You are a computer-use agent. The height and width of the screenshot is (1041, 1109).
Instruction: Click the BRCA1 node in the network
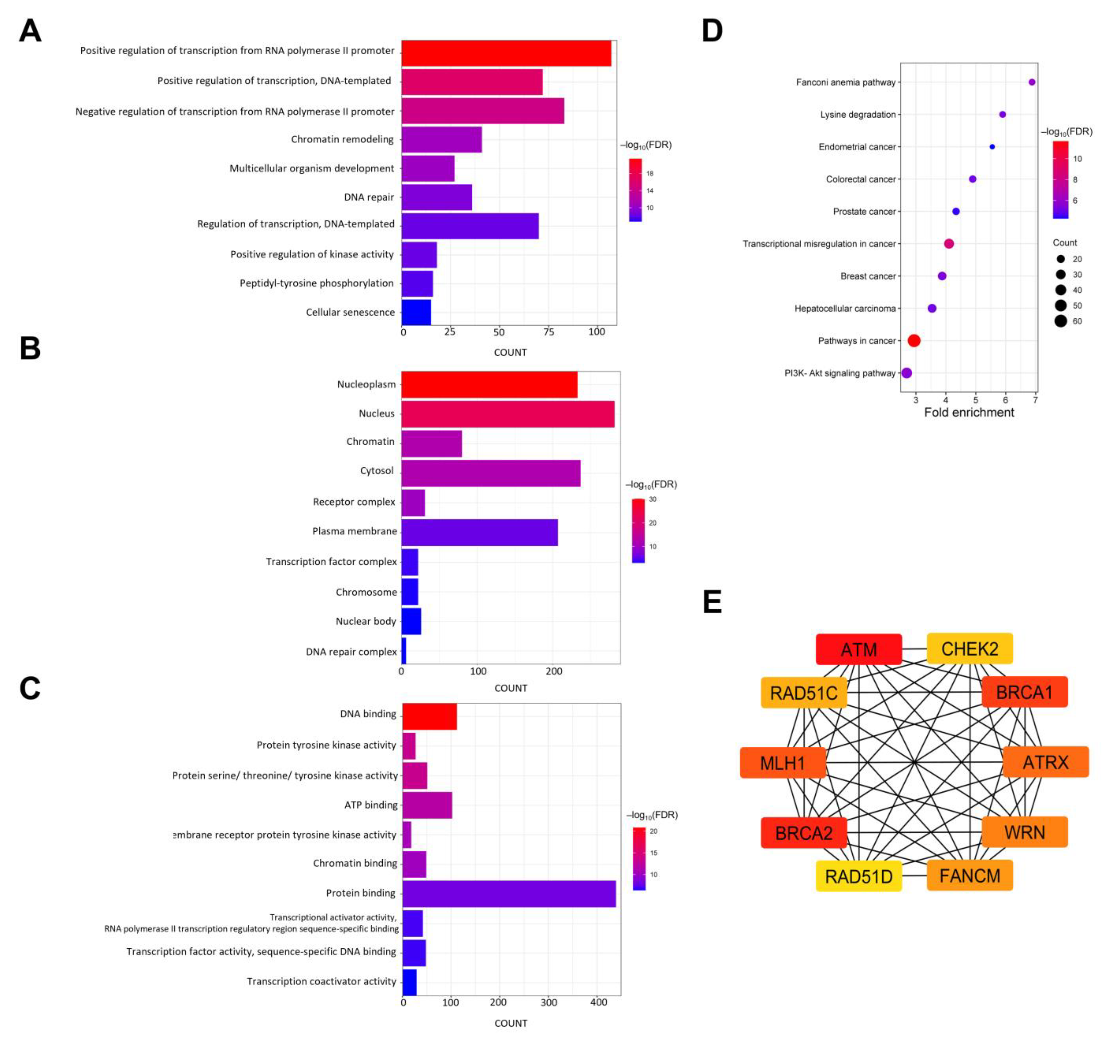(x=1024, y=692)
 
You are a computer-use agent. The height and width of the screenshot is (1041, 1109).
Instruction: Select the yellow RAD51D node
(x=858, y=876)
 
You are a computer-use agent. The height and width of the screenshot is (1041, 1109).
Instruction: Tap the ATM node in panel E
(x=858, y=649)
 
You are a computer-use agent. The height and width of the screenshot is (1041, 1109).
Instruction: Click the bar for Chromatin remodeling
(x=441, y=139)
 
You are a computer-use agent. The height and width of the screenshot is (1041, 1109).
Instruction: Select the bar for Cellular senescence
(x=416, y=312)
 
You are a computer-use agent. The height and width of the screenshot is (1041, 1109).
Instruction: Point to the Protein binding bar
(x=509, y=893)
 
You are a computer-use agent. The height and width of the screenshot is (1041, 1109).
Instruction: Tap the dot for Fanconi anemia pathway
(x=1032, y=82)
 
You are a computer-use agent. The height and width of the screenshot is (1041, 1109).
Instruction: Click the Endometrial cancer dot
(x=992, y=147)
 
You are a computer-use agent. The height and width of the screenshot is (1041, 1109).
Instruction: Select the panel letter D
(x=712, y=31)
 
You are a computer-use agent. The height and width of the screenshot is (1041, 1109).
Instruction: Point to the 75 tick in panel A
(x=549, y=332)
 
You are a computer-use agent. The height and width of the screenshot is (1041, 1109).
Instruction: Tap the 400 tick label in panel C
(x=599, y=1002)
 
